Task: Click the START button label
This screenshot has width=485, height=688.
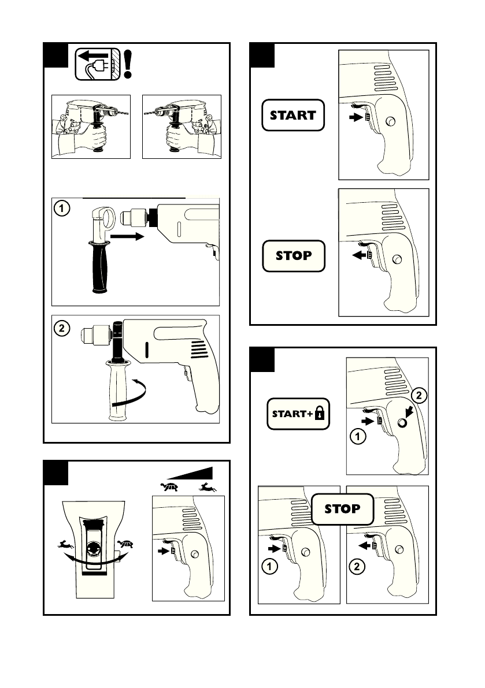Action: click(293, 115)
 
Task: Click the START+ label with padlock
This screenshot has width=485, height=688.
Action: click(298, 414)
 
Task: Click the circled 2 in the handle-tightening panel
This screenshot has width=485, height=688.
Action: click(61, 328)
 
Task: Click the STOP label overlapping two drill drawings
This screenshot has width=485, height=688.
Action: click(342, 509)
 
